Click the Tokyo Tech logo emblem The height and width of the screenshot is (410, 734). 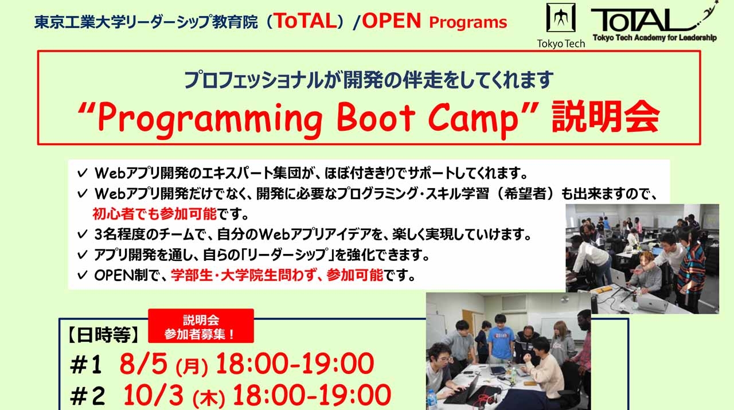[x=560, y=21]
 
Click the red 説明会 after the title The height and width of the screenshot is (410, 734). [x=605, y=118]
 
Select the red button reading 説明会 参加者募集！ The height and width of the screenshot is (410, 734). [x=201, y=325]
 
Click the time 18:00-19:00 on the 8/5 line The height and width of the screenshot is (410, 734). [x=294, y=364]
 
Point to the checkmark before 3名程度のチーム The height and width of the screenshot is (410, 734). [x=81, y=235]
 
